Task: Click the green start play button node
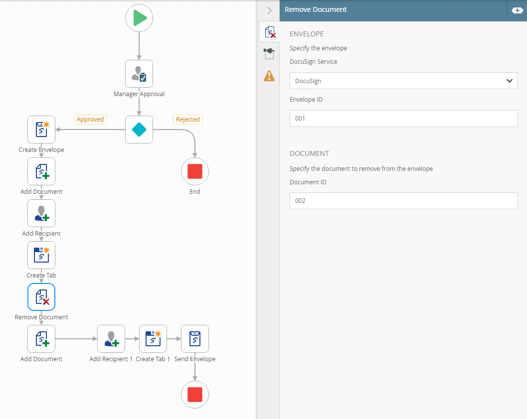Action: click(x=139, y=18)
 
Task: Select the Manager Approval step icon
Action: click(x=139, y=74)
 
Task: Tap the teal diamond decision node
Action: click(x=139, y=130)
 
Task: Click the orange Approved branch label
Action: click(x=90, y=120)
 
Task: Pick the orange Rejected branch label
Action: click(x=188, y=120)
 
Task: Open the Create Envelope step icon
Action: click(x=41, y=130)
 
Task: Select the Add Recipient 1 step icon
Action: click(x=111, y=339)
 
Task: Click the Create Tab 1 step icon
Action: click(x=153, y=339)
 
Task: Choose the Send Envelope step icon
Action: click(x=195, y=339)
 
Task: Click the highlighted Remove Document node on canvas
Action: click(x=41, y=297)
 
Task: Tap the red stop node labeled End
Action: click(x=195, y=171)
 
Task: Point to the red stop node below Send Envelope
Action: click(x=195, y=395)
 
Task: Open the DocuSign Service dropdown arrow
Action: click(x=509, y=81)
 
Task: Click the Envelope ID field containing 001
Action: click(x=404, y=119)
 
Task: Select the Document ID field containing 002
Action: click(x=404, y=201)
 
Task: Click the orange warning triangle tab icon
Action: click(x=269, y=76)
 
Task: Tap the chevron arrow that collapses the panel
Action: click(x=269, y=10)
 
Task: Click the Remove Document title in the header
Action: click(x=316, y=10)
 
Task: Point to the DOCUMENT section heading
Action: click(x=309, y=153)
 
